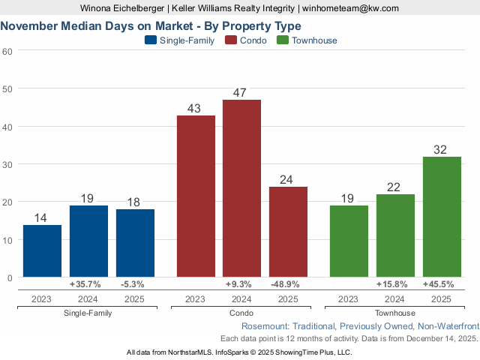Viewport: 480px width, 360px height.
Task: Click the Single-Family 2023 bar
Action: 42,251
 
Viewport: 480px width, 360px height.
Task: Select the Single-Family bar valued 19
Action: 88,241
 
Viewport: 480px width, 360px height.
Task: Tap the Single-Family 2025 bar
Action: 135,244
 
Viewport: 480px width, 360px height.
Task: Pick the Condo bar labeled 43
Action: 196,196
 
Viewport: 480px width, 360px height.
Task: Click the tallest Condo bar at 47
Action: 241,189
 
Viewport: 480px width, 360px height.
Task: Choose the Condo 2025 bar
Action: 288,232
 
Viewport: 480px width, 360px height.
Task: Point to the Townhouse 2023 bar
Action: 349,241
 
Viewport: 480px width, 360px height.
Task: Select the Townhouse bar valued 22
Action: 395,236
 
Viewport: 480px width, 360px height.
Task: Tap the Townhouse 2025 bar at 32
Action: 442,217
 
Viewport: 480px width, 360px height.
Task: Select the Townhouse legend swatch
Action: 283,40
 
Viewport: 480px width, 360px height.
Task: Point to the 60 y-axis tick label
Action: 8,51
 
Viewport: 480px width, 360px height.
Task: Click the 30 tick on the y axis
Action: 8,164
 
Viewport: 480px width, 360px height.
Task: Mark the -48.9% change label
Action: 288,285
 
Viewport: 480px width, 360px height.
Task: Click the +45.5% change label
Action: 442,285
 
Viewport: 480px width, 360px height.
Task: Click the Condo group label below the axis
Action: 241,313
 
